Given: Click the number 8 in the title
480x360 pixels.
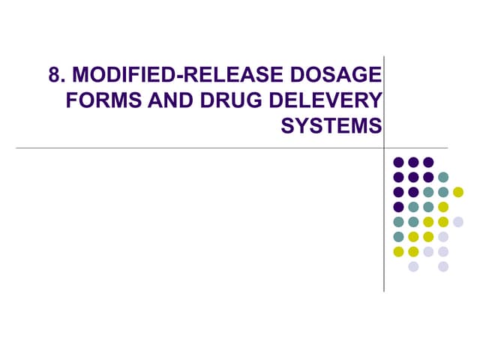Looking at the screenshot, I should click(x=55, y=76).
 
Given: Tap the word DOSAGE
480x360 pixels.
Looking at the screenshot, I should click(x=341, y=76).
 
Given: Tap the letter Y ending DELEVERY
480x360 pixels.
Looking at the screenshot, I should click(x=373, y=101).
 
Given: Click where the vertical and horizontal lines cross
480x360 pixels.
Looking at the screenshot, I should click(x=384, y=148).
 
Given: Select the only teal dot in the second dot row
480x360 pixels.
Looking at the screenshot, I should click(x=443, y=177).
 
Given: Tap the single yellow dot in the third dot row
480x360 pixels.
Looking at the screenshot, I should click(x=458, y=192).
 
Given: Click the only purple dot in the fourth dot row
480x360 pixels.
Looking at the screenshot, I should click(x=398, y=207).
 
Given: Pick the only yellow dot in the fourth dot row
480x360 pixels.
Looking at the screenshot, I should click(x=443, y=207).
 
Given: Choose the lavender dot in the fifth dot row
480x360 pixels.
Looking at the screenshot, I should click(x=458, y=222).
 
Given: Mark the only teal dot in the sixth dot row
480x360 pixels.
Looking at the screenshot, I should click(x=398, y=237).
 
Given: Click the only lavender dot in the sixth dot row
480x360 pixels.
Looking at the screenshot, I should click(x=443, y=237).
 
